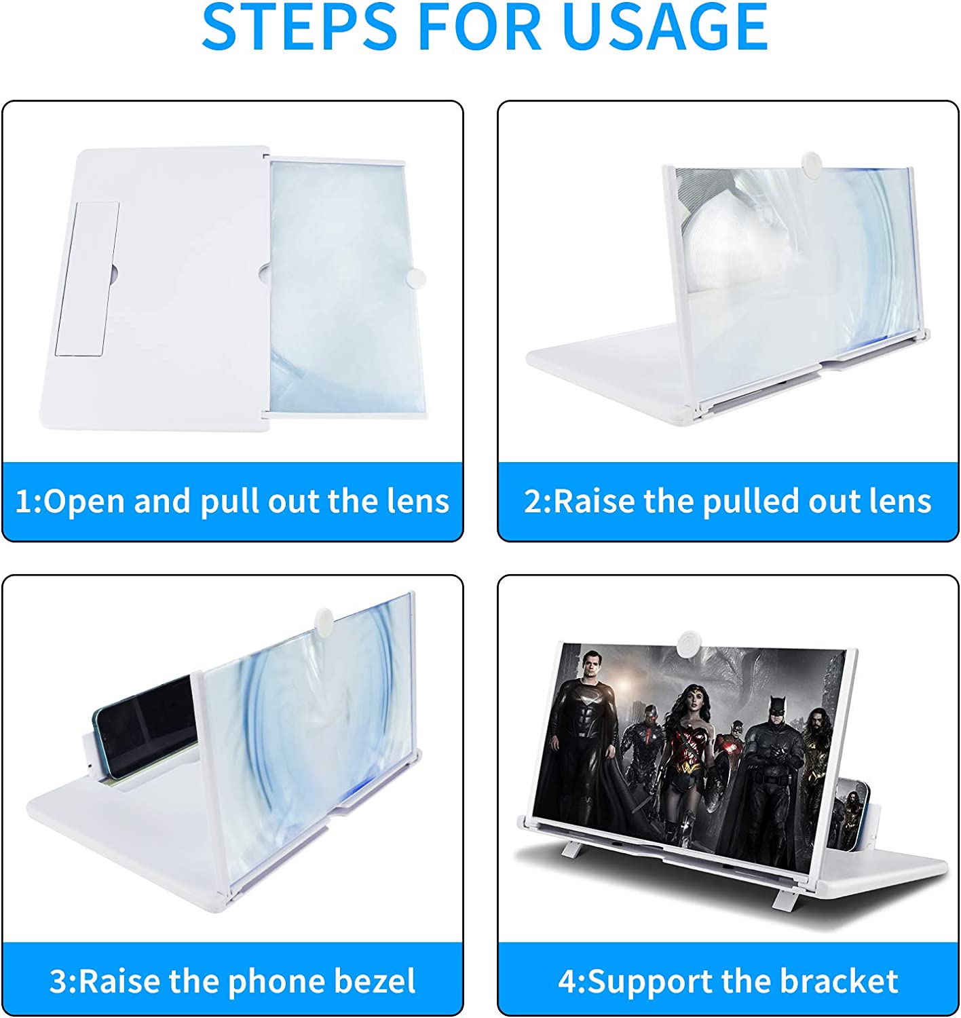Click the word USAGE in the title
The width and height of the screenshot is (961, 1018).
(x=666, y=26)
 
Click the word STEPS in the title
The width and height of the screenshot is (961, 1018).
(x=299, y=26)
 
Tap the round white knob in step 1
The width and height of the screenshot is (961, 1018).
(x=415, y=278)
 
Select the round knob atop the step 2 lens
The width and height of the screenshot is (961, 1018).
(x=812, y=162)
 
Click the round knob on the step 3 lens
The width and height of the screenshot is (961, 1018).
(x=324, y=619)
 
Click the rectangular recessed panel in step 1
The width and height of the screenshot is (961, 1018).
(x=87, y=278)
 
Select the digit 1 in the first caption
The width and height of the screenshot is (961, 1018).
(x=24, y=502)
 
